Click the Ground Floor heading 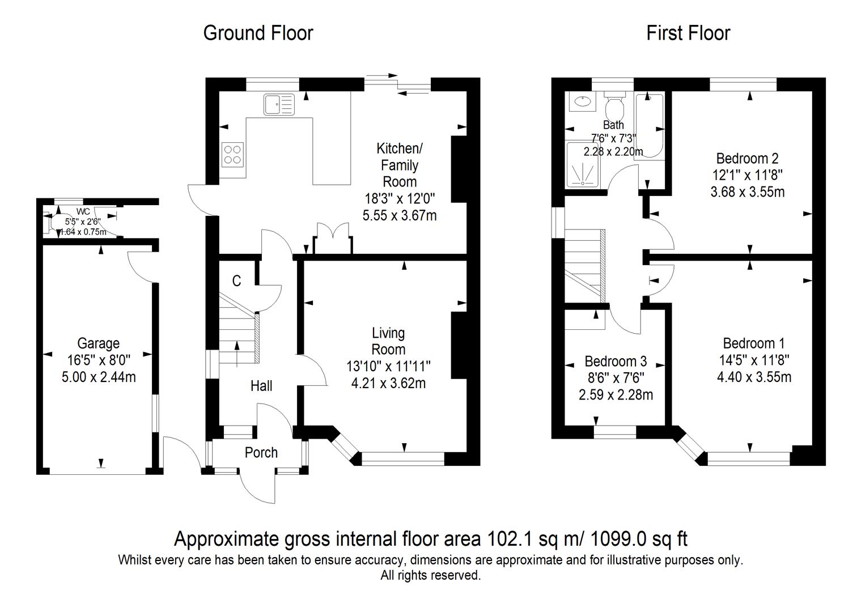[258, 33]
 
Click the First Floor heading [688, 33]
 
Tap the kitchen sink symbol [279, 104]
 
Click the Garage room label [99, 343]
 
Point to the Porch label [261, 452]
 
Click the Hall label [261, 386]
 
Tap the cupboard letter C [237, 280]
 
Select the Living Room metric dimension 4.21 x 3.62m [388, 383]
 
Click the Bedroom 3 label [616, 362]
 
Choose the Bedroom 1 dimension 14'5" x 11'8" [754, 360]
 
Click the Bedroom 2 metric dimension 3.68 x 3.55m [747, 192]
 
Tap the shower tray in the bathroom [582, 165]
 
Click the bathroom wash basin [582, 101]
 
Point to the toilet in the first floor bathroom [614, 104]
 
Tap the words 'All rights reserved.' [430, 576]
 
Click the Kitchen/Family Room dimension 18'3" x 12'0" [400, 198]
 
